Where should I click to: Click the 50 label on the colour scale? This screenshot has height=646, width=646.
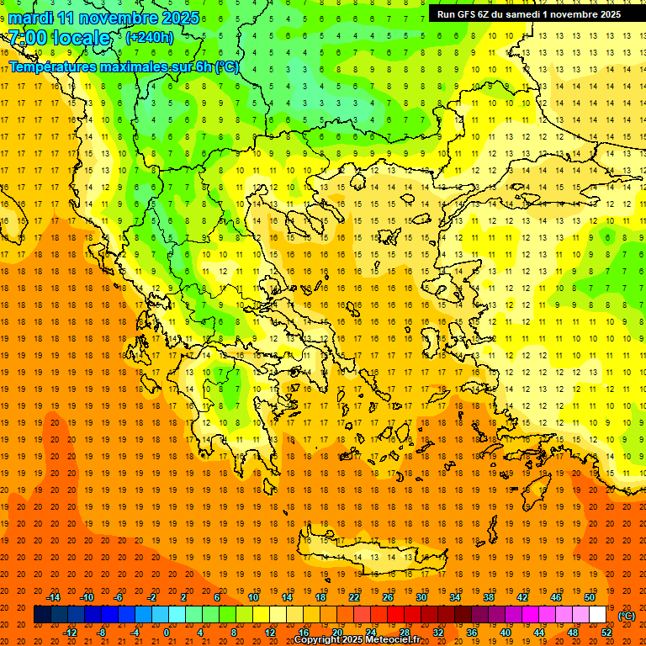[589, 597]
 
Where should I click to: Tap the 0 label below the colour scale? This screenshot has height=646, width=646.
[167, 633]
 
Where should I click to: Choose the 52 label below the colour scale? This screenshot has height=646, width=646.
[606, 633]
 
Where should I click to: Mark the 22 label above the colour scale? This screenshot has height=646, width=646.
[354, 597]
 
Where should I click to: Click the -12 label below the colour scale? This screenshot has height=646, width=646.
[71, 633]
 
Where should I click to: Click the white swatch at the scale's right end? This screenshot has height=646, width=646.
[597, 615]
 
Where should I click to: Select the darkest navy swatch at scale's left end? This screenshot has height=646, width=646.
[42, 615]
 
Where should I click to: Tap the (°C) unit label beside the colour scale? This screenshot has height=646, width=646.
[627, 616]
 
